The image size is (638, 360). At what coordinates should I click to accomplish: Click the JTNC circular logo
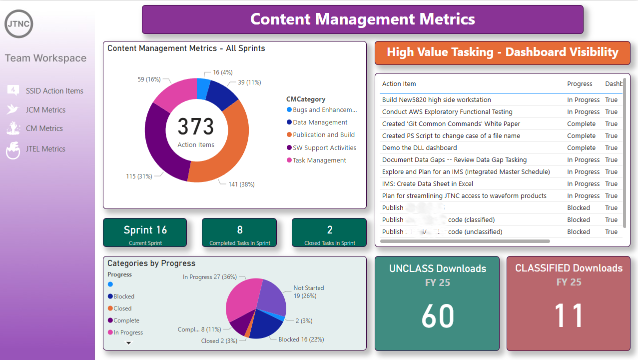click(x=19, y=24)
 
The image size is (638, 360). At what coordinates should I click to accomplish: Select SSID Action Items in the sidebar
click(x=54, y=91)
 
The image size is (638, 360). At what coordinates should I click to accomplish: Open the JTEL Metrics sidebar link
click(x=45, y=149)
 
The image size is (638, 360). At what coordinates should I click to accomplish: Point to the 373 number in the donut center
click(x=196, y=127)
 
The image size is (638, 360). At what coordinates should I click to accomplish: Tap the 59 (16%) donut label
click(x=149, y=79)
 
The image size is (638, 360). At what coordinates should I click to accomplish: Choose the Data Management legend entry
click(x=320, y=122)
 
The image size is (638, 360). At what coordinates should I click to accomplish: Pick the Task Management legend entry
click(x=319, y=160)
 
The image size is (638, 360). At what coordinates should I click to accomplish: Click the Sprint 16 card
click(x=145, y=232)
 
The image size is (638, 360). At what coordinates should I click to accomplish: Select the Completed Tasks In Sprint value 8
click(x=240, y=230)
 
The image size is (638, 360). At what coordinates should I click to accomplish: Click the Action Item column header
click(x=399, y=84)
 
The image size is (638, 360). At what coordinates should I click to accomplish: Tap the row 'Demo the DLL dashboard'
click(x=419, y=148)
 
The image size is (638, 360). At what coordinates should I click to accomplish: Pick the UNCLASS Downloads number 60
click(x=438, y=316)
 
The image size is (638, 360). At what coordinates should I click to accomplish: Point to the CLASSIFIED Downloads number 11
click(x=569, y=316)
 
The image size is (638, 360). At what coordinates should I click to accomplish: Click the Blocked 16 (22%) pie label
click(x=301, y=339)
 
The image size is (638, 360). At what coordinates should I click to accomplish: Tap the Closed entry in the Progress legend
click(x=122, y=308)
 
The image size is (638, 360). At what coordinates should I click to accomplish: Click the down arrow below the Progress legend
click(x=128, y=343)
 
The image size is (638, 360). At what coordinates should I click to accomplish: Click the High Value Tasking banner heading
click(x=502, y=52)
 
